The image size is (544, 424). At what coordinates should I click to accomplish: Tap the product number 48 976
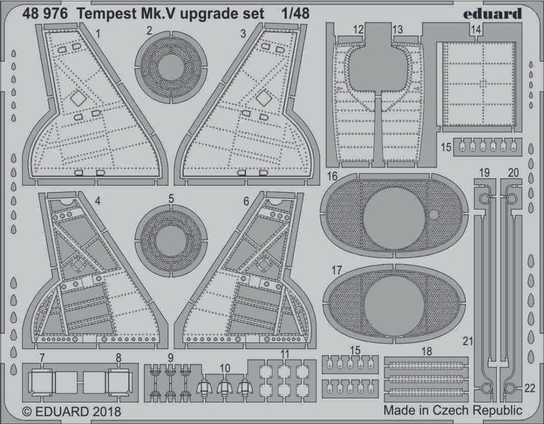(x=45, y=14)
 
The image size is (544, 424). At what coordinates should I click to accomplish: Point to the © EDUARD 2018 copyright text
(x=72, y=412)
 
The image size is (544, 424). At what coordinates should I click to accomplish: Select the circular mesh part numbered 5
(x=171, y=240)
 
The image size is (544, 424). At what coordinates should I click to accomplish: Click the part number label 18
(x=426, y=351)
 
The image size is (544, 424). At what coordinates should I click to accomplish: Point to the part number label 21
(x=468, y=340)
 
